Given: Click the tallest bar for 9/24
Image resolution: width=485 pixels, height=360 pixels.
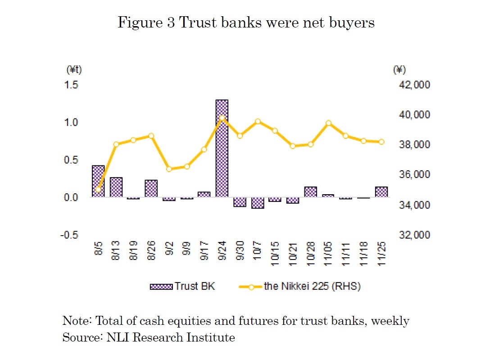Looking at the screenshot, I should pyautogui.click(x=222, y=149).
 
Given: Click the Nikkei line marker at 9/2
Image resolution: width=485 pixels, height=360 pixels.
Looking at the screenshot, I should pyautogui.click(x=169, y=169).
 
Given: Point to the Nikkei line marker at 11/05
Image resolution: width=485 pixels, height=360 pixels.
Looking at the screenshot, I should pyautogui.click(x=328, y=123).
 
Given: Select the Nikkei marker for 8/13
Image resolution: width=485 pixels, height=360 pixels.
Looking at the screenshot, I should pyautogui.click(x=116, y=144).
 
